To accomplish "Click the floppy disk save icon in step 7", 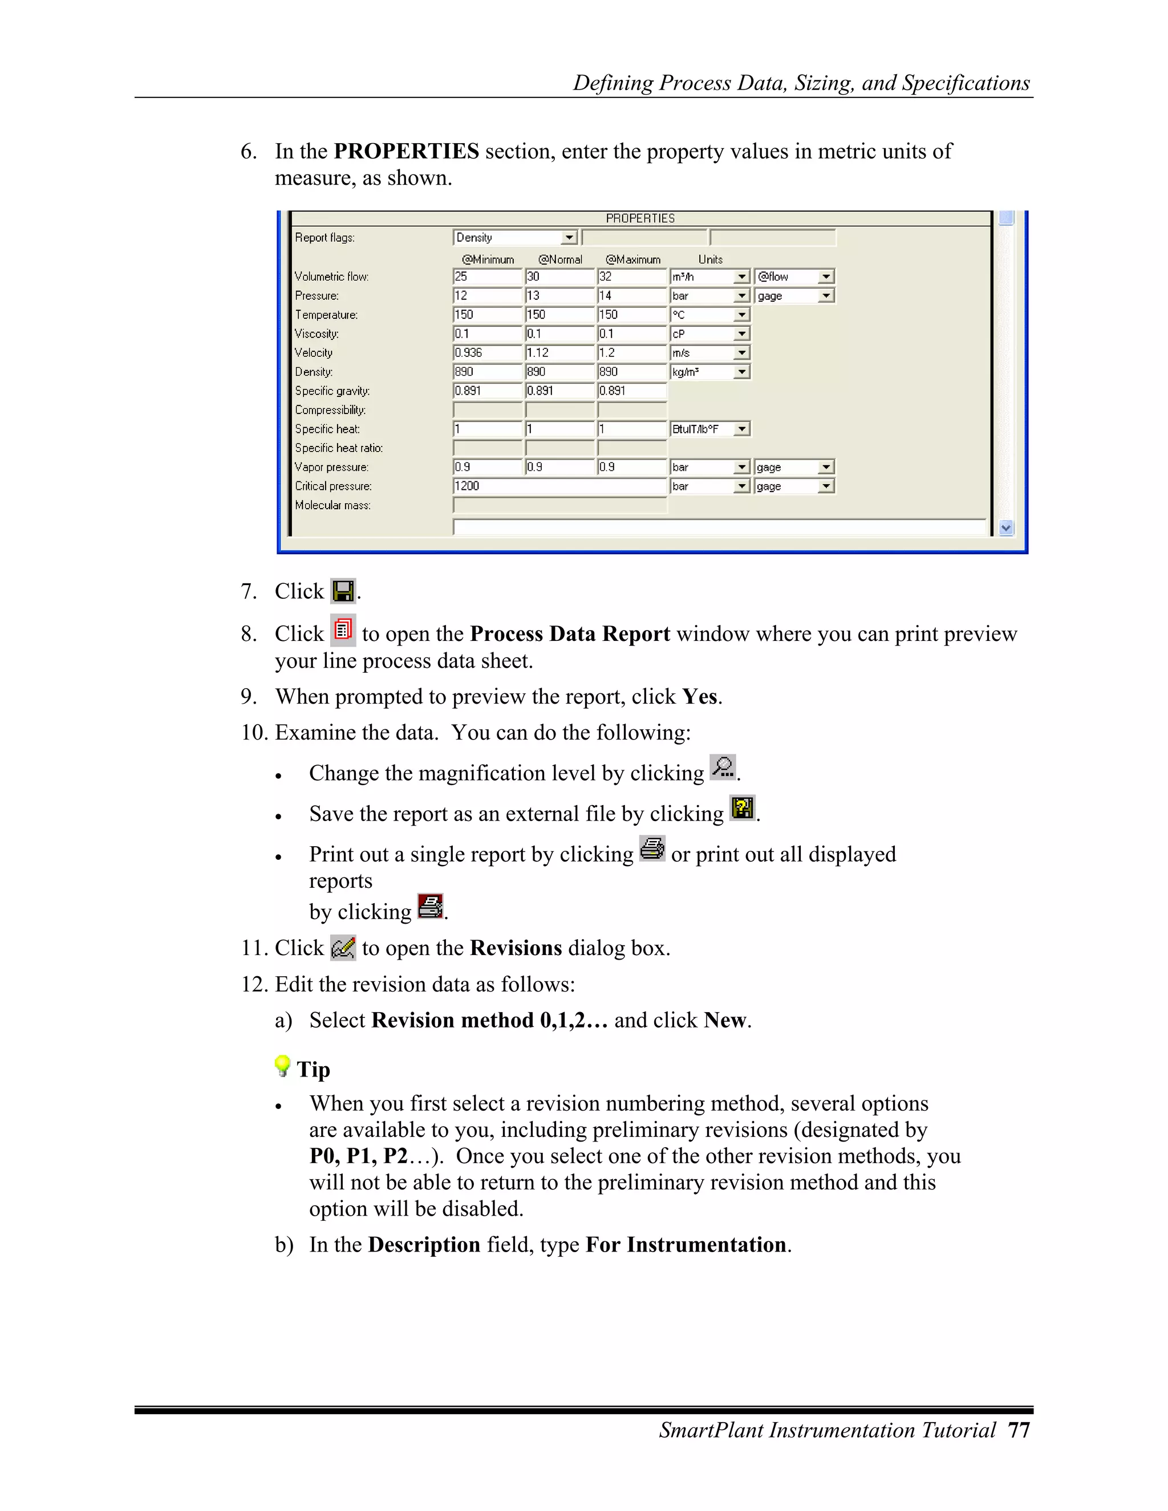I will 343,591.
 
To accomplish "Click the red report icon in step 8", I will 343,630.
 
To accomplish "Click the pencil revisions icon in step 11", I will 343,948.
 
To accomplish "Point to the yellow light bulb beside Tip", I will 282,1066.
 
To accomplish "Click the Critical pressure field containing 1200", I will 559,486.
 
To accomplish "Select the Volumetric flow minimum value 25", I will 487,277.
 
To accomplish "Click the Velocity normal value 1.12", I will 559,353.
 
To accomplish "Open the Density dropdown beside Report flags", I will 569,238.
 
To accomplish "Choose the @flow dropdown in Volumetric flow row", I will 825,277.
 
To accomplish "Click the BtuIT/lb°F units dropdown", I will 741,429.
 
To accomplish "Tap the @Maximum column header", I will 632,259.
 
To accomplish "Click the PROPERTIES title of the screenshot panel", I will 640,218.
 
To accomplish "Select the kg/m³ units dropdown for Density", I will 741,372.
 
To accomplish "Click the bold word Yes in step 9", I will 700,696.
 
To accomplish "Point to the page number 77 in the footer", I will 1019,1430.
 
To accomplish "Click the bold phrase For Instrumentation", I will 685,1245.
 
